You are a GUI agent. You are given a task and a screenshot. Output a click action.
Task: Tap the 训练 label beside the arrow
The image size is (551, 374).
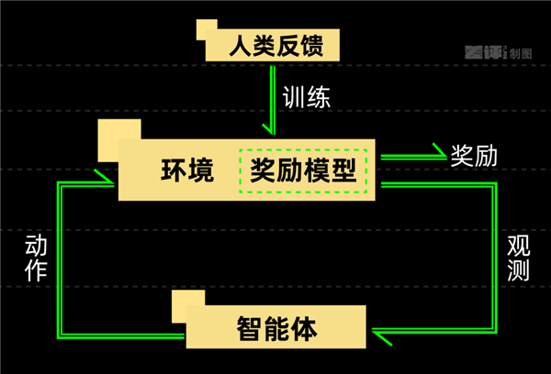coord(306,96)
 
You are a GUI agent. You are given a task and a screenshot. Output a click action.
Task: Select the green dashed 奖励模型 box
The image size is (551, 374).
coord(302,170)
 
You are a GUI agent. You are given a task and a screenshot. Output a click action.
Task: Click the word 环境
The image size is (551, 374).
coord(187,170)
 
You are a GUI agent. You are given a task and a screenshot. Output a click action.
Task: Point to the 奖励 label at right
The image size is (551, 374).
coord(473,154)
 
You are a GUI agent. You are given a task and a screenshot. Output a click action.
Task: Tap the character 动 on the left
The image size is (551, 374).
coord(36,245)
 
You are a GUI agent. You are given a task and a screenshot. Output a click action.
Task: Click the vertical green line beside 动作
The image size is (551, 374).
coord(60,257)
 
